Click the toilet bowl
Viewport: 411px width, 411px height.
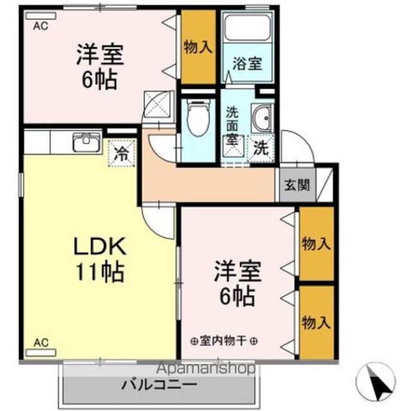click(x=198, y=118)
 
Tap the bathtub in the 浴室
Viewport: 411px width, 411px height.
click(x=247, y=28)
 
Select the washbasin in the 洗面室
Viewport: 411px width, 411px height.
click(x=262, y=118)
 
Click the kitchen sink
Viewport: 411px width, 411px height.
click(x=87, y=142)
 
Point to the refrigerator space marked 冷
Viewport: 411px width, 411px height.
click(x=121, y=153)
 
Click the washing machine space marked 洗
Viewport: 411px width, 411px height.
click(x=261, y=148)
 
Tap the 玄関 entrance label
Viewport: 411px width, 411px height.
click(x=297, y=185)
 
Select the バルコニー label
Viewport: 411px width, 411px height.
click(x=159, y=385)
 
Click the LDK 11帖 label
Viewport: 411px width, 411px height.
click(x=100, y=259)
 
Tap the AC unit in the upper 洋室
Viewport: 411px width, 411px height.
click(x=41, y=15)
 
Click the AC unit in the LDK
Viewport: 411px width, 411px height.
click(x=41, y=353)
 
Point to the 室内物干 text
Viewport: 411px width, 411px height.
click(x=223, y=341)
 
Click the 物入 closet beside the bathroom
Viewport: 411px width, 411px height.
click(x=198, y=47)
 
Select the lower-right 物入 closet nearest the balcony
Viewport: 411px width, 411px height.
click(x=317, y=322)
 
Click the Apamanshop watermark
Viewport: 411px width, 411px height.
click(x=205, y=369)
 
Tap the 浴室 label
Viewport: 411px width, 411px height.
click(x=247, y=64)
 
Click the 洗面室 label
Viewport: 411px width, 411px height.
click(x=232, y=127)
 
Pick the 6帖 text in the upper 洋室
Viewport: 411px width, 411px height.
click(x=100, y=80)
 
